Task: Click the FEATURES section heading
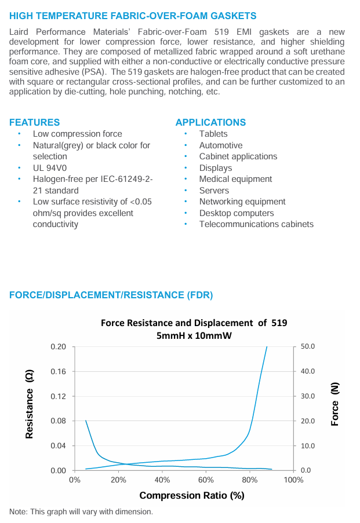point(34,122)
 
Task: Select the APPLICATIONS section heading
point(210,122)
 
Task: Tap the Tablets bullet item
point(213,134)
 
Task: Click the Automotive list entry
point(221,145)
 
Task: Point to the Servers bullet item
point(214,191)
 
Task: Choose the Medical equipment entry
point(235,179)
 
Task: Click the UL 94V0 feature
point(52,168)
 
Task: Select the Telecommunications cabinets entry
point(256,224)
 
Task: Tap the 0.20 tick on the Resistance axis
point(59,346)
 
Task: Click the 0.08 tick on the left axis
point(59,420)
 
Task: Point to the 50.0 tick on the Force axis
point(307,346)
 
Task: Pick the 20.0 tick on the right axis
point(307,420)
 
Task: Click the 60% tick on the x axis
point(206,480)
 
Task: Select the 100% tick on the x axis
point(294,480)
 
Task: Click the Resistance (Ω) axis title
point(29,404)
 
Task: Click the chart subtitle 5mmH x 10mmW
point(194,335)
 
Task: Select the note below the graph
point(81,511)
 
